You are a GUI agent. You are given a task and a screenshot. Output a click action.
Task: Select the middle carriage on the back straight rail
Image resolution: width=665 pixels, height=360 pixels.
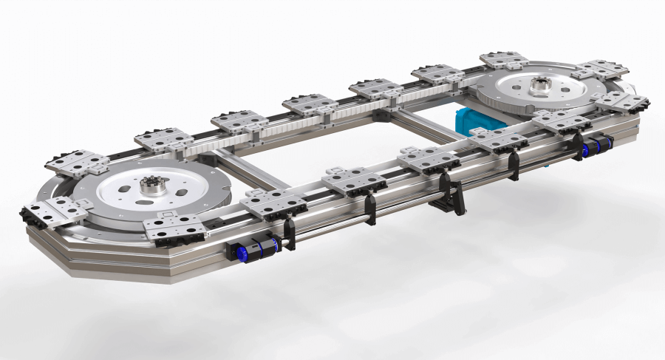[x=310, y=104]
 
